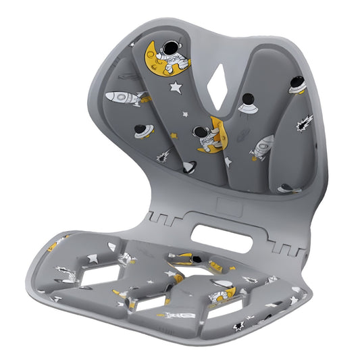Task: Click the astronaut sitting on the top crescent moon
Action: [x=174, y=60]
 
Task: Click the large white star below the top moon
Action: [x=176, y=86]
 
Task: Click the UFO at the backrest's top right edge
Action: [x=298, y=84]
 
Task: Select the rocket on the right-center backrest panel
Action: [x=262, y=147]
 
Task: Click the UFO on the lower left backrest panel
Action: [x=143, y=130]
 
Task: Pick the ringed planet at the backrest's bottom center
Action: [x=190, y=166]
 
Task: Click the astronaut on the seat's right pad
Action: [x=220, y=294]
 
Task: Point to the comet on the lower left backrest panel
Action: [x=164, y=155]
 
